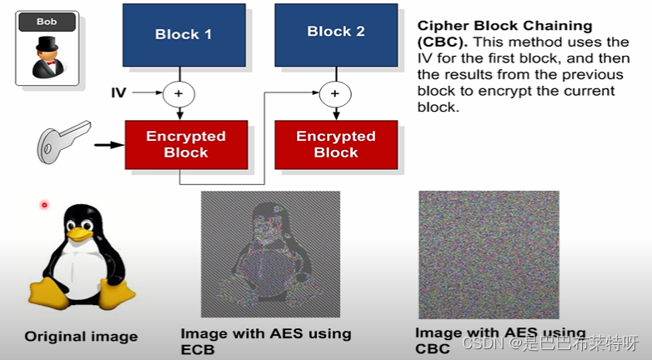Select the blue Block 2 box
tap(336, 32)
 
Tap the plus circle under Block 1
tap(178, 93)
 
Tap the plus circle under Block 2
tap(336, 92)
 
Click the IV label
tap(118, 92)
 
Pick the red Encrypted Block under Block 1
tap(186, 144)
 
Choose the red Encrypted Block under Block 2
tap(336, 144)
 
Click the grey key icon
tap(63, 142)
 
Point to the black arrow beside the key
tap(107, 145)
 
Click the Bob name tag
tap(47, 22)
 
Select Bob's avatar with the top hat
tap(47, 55)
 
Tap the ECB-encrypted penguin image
tap(270, 253)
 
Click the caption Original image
tap(81, 337)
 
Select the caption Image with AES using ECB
tap(265, 342)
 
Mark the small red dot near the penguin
tap(44, 204)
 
